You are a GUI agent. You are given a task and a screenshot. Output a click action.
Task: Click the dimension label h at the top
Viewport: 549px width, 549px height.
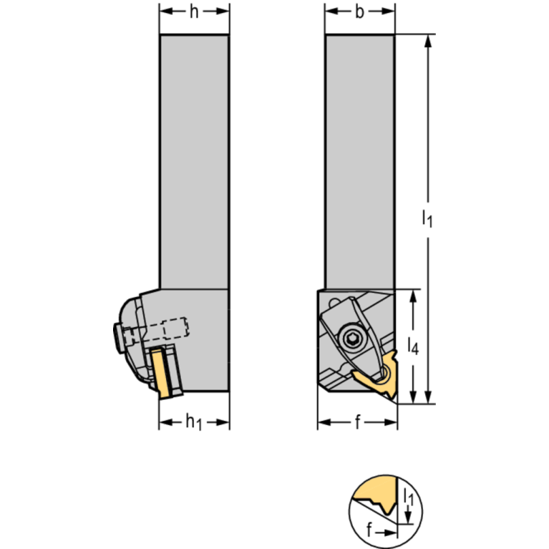pyautogui.click(x=194, y=12)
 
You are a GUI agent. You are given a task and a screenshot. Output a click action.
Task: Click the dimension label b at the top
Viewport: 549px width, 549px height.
pyautogui.click(x=360, y=12)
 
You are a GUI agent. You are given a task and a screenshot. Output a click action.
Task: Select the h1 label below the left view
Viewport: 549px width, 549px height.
pyautogui.click(x=193, y=423)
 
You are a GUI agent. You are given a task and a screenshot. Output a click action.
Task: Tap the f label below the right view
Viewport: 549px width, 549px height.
pyautogui.click(x=357, y=423)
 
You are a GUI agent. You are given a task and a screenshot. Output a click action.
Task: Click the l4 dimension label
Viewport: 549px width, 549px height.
pyautogui.click(x=413, y=346)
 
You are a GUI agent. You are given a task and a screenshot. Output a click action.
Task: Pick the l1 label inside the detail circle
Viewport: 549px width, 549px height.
pyautogui.click(x=407, y=495)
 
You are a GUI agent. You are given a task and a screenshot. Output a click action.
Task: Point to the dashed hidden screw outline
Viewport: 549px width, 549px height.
pyautogui.click(x=175, y=328)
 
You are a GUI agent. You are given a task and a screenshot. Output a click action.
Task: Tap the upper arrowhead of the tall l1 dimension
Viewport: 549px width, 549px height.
pyautogui.click(x=428, y=40)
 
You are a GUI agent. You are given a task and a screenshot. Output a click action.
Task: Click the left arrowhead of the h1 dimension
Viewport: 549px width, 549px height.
pyautogui.click(x=163, y=423)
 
